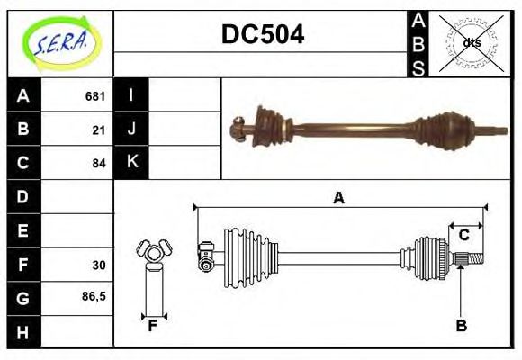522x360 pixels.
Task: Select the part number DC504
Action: click(x=262, y=34)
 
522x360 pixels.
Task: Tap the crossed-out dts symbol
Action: click(x=472, y=42)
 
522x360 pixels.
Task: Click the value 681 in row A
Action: click(x=94, y=96)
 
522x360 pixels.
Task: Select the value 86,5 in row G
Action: click(x=94, y=295)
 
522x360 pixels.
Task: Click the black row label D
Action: click(x=23, y=197)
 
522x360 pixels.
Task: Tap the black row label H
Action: click(x=23, y=332)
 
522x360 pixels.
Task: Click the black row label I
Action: click(x=131, y=95)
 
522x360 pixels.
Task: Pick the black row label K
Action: click(x=131, y=163)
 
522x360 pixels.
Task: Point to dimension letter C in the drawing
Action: click(x=463, y=235)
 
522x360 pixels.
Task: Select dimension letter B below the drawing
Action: click(x=461, y=326)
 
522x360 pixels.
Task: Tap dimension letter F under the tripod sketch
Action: click(x=153, y=326)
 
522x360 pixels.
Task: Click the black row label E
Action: click(x=23, y=231)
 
